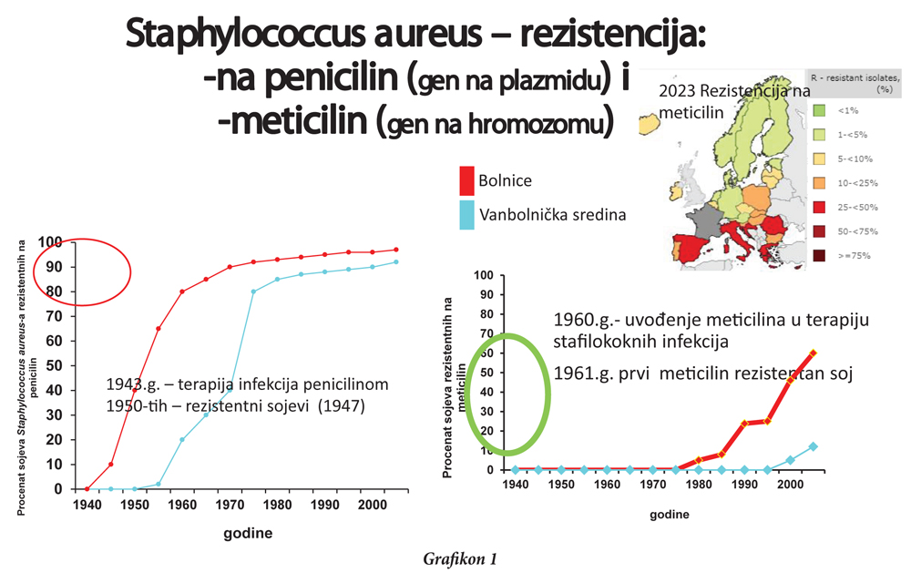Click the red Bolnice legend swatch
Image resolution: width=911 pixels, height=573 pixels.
pos(466,180)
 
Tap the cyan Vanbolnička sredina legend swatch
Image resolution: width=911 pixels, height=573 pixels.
pos(466,215)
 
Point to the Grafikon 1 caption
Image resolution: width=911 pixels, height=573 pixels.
pos(460,558)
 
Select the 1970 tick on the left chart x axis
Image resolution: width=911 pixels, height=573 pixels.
pos(228,503)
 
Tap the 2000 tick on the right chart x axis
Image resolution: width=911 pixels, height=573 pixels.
pos(790,484)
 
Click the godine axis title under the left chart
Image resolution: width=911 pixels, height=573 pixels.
pos(248,533)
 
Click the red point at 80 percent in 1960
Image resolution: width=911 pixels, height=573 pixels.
pos(182,292)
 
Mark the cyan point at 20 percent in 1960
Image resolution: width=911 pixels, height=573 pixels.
pos(182,439)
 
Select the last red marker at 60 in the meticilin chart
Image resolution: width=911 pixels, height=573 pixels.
pos(813,353)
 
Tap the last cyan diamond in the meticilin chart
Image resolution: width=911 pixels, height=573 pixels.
pos(813,446)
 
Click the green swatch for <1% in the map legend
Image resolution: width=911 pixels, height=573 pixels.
pos(819,110)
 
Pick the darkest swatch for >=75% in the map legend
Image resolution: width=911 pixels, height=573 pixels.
pos(819,256)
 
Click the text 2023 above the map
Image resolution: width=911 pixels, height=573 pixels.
pos(678,92)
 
